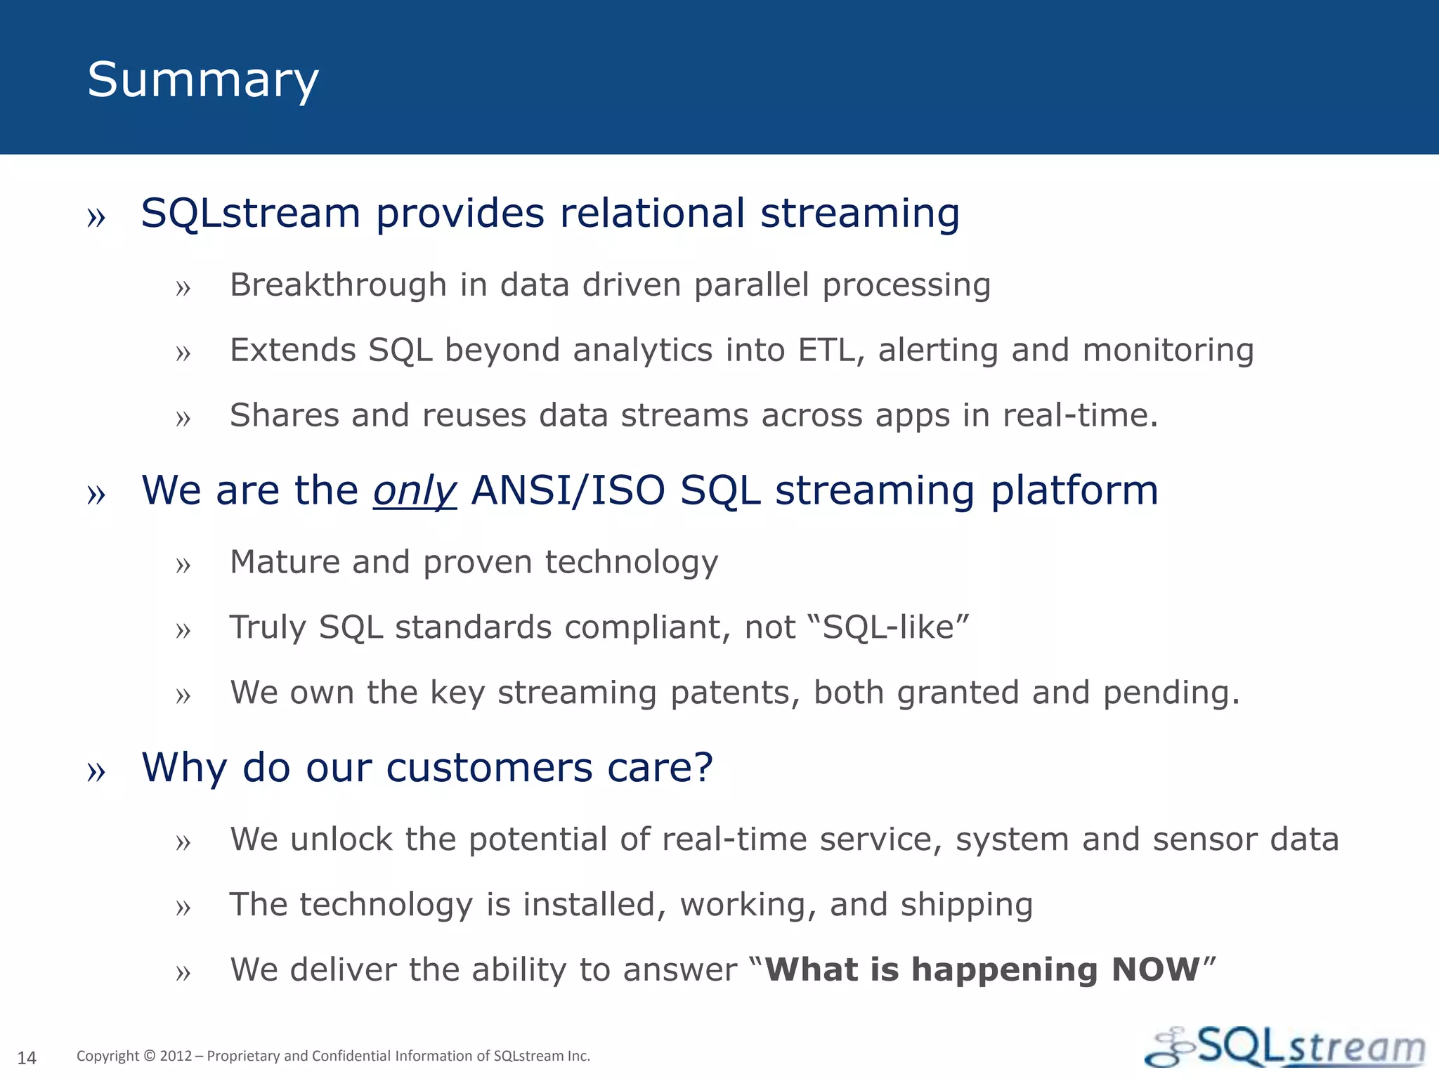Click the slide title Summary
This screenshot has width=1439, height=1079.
(x=203, y=80)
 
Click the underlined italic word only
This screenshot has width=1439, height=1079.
(x=415, y=491)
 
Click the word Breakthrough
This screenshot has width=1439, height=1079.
(x=338, y=285)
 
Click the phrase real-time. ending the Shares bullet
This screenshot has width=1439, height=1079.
(x=1080, y=415)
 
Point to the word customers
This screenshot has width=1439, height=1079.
(x=489, y=767)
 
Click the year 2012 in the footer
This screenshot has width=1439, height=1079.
(x=176, y=1056)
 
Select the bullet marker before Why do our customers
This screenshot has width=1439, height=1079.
(x=96, y=771)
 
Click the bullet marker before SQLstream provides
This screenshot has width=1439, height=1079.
(x=96, y=218)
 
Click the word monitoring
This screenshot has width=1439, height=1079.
(x=1168, y=350)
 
